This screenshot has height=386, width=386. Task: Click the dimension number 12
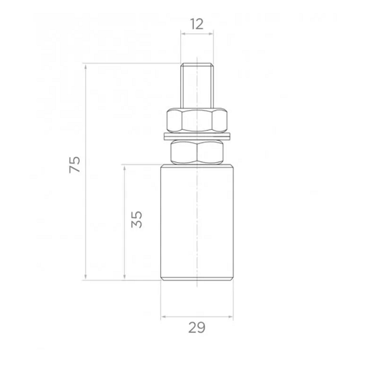click(x=197, y=24)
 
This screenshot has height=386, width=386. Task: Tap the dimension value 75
click(x=75, y=165)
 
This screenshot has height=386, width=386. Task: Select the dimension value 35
click(x=136, y=219)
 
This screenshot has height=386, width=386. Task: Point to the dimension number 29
click(x=196, y=327)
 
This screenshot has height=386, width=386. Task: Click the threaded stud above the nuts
click(x=197, y=86)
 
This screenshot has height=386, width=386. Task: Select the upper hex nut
click(x=197, y=120)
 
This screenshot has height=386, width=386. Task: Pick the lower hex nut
click(x=197, y=152)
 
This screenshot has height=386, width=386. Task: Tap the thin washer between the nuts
click(x=197, y=136)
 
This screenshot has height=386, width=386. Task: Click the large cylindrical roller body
click(x=197, y=223)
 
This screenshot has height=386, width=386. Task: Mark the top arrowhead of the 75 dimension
click(x=86, y=66)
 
